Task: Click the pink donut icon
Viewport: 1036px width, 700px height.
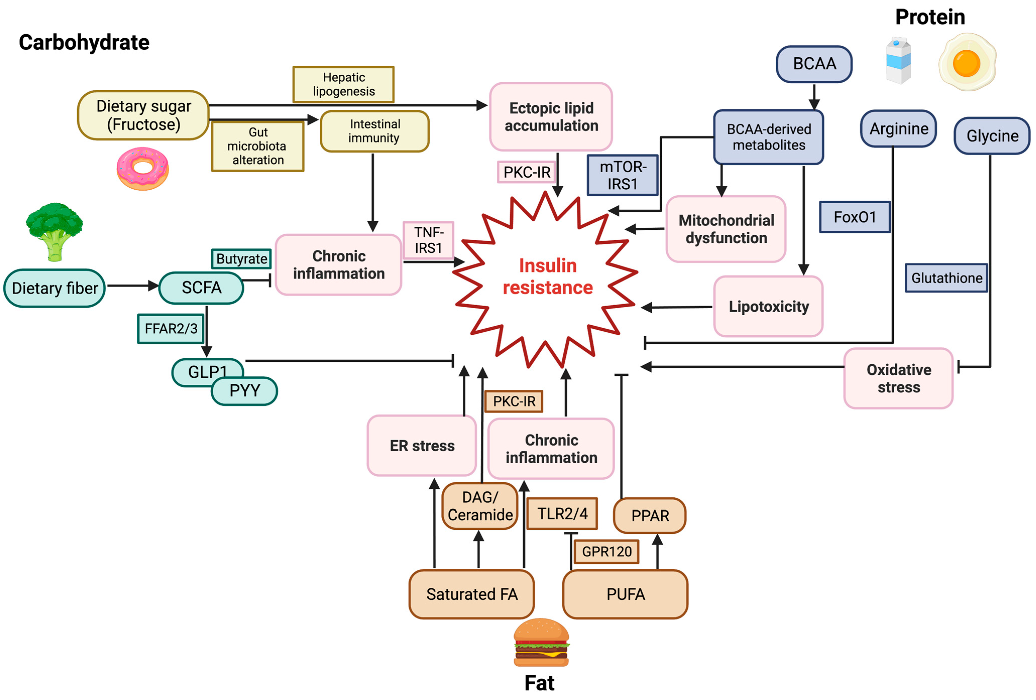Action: [x=143, y=168]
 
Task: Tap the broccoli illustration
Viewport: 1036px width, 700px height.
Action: [x=54, y=231]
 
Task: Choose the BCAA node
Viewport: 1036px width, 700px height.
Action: [x=814, y=64]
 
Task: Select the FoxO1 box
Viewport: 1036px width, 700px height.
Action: [x=854, y=217]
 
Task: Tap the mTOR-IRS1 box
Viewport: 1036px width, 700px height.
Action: [x=622, y=175]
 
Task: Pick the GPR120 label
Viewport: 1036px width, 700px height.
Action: [x=606, y=552]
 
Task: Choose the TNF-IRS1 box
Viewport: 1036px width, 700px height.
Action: [x=428, y=240]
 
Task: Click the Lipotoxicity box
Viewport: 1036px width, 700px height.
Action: [x=768, y=307]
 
